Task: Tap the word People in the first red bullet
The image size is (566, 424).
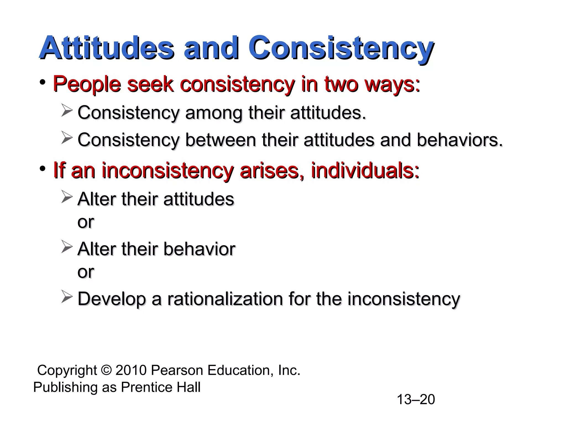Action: tap(87, 84)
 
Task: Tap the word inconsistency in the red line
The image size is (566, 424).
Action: tap(167, 170)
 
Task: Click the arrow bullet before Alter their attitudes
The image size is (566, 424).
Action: tap(67, 197)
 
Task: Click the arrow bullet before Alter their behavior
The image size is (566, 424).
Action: tap(67, 247)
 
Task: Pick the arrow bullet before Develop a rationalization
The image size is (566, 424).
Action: tap(67, 297)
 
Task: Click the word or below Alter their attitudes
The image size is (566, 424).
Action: tap(86, 222)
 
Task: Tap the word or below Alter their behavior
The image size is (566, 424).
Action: tap(86, 272)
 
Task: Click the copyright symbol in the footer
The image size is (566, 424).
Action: tap(106, 370)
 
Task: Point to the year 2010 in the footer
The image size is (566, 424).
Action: tap(131, 370)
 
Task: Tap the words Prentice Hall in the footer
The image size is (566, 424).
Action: tap(161, 387)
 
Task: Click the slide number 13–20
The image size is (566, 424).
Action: tap(416, 399)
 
